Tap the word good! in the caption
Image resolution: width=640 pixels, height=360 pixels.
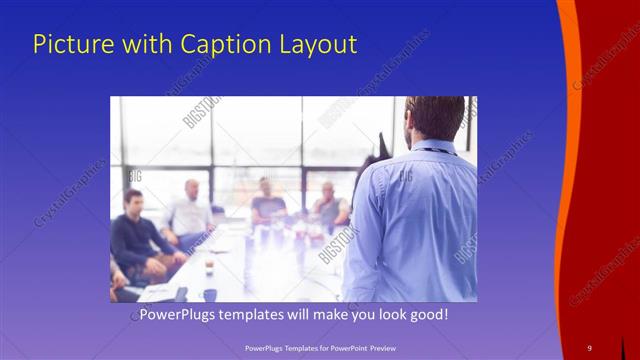point(428,315)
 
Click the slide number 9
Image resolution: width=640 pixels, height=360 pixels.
point(589,347)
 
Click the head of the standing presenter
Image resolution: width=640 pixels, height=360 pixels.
point(434,118)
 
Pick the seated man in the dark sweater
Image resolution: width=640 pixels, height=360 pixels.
point(135,240)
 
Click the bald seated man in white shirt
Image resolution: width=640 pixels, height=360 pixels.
point(190,210)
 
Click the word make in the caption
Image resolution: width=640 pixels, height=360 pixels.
point(327,315)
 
